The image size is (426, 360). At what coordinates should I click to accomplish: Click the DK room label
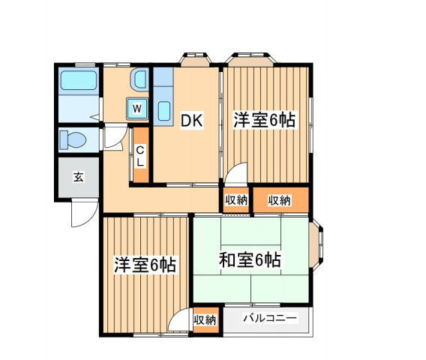coord(192,121)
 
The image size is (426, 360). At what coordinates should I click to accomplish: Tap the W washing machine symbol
coord(137,109)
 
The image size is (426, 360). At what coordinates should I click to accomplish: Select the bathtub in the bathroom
coord(79,80)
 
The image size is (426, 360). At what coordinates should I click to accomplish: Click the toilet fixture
coord(73,140)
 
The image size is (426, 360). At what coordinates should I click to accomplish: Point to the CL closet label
coord(140,156)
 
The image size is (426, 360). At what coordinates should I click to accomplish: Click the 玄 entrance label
coord(79,177)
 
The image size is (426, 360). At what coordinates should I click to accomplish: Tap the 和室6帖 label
coord(250,259)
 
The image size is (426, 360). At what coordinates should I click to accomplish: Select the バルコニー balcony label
coord(270,318)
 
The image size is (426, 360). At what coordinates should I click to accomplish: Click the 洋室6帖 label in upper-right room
coord(265,120)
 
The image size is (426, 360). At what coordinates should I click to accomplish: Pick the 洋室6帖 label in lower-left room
coord(145,265)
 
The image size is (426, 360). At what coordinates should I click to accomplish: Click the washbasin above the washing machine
coord(139,79)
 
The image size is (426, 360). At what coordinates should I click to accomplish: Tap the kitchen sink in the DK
coord(164,112)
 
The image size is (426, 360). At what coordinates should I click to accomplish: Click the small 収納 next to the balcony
coord(205,320)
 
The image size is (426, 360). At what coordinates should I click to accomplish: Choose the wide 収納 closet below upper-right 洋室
coord(280,200)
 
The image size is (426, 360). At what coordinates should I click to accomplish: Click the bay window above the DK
coord(196,59)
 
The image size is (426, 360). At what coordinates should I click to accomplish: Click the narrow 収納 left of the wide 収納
coord(236,200)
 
